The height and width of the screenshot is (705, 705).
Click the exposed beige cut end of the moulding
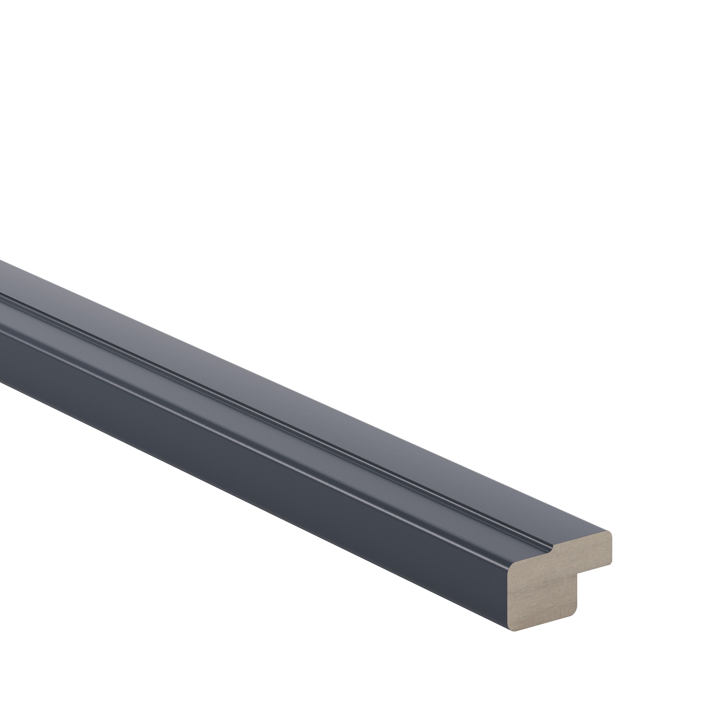click(x=547, y=584)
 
